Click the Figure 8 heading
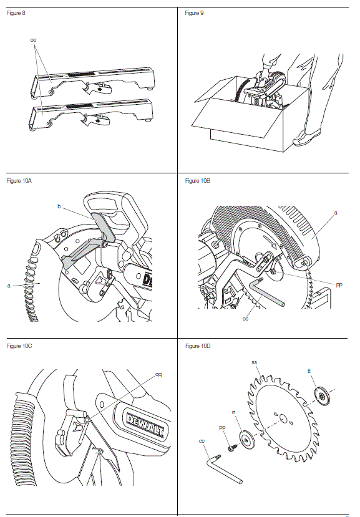16,13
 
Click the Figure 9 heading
194,13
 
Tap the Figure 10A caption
19,181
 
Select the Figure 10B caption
198,181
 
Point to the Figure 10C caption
19,346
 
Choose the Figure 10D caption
198,346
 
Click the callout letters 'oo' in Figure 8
33,41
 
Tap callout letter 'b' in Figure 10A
59,206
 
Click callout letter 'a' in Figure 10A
9,286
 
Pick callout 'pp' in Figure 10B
339,284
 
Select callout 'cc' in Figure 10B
245,319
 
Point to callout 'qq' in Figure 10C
158,375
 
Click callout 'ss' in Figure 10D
254,362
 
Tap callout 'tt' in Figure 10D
309,371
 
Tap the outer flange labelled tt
322,396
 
